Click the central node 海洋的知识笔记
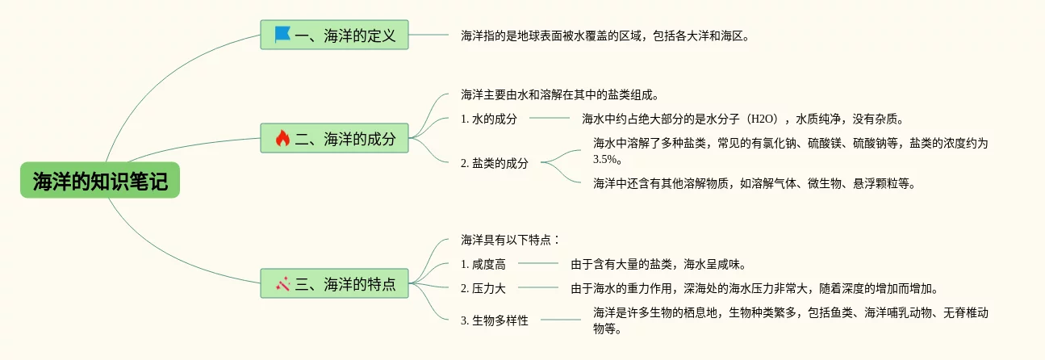[100, 181]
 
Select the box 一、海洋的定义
[334, 35]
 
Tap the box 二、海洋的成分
[334, 138]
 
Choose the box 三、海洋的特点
[334, 283]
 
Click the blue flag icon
[282, 35]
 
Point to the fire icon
[282, 138]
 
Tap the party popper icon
[282, 283]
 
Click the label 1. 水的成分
[489, 119]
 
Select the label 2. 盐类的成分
[495, 163]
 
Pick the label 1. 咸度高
[483, 264]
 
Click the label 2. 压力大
[483, 288]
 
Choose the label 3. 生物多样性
[495, 320]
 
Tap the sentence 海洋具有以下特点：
[510, 240]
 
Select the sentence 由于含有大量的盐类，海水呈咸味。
[658, 264]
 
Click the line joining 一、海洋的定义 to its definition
[429, 36]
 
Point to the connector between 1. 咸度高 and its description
[537, 264]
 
